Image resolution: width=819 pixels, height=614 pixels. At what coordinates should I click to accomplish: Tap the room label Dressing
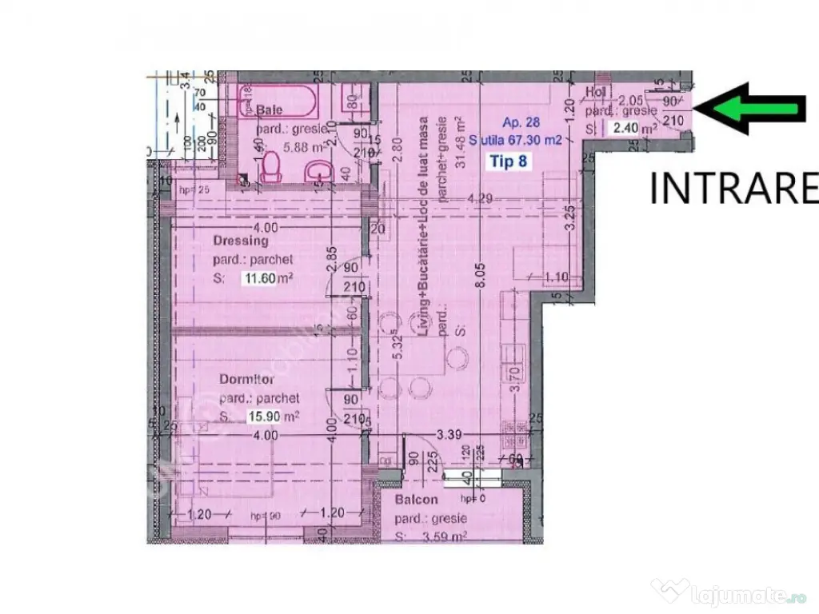tap(240, 241)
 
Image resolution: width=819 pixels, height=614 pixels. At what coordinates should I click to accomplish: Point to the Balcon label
tap(416, 500)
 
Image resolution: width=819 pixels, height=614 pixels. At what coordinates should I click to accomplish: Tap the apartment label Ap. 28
tap(521, 122)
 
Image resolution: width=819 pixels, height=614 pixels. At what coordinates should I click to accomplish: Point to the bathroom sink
tap(322, 169)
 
